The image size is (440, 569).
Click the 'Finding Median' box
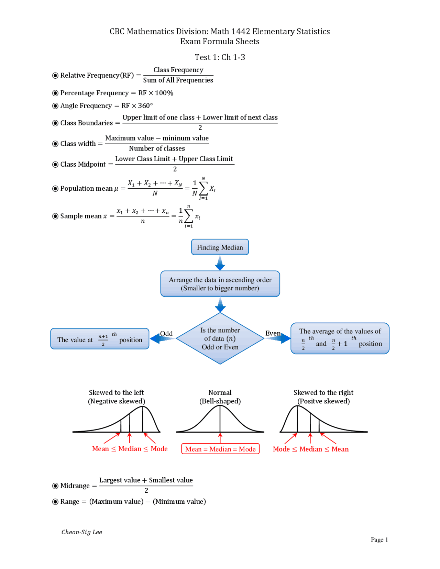coord(220,247)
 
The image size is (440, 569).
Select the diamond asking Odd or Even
coord(220,338)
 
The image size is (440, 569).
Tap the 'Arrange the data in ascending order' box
coord(220,284)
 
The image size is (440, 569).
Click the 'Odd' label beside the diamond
coord(166,334)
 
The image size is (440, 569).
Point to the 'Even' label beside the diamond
coord(273,333)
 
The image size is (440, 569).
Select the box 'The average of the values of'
coord(340,338)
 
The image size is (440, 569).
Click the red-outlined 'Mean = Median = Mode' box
coord(220,449)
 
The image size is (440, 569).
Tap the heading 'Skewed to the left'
coord(116,392)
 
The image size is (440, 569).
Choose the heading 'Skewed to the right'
coord(323,392)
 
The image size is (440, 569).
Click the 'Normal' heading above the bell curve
coord(220,392)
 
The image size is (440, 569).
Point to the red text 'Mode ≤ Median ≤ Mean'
coord(310,449)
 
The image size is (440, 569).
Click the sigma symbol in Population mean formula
coord(203,188)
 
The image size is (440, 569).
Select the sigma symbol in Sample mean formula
coord(188,216)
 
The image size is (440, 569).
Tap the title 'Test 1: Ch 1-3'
coord(220,57)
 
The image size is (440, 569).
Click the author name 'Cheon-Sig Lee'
coord(82,532)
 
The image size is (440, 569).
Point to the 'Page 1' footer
coord(379,539)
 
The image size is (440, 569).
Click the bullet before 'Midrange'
coord(55,486)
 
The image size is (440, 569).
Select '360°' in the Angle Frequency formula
coord(145,106)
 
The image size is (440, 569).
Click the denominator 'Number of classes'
coord(157,148)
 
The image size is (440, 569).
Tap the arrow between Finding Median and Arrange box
coord(220,263)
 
